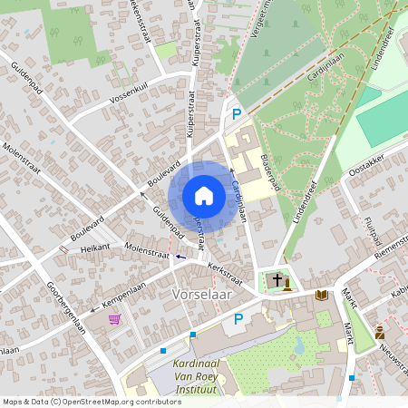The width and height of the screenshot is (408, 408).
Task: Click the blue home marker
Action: pyautogui.click(x=203, y=196)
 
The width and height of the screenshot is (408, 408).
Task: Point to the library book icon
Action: pyautogui.click(x=321, y=295)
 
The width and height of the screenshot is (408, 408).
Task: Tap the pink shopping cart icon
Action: pyautogui.click(x=114, y=319)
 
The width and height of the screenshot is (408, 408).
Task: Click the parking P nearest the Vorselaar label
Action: pyautogui.click(x=238, y=318)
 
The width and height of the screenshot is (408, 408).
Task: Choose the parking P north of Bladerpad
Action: pyautogui.click(x=237, y=114)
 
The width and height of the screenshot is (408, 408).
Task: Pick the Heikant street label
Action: pyautogui.click(x=95, y=246)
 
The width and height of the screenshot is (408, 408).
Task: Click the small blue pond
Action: pyautogui.click(x=299, y=345)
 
